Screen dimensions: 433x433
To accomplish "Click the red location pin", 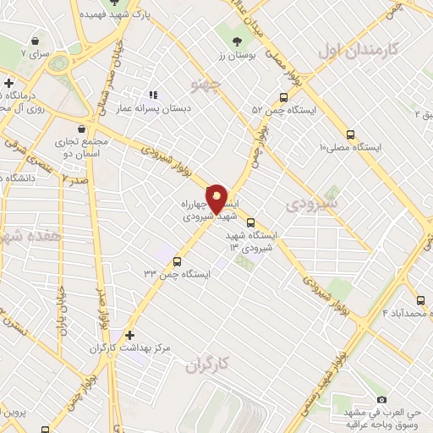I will [216, 199].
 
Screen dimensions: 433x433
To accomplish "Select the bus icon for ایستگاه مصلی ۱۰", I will [350, 134].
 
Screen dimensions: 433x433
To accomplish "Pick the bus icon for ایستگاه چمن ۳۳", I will [178, 260].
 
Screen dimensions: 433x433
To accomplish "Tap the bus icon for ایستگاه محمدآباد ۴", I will [420, 299].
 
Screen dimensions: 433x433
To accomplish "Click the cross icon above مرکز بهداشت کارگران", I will [129, 335].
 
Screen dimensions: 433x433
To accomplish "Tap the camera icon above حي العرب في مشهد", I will [381, 399].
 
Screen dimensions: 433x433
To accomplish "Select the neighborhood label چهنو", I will [208, 85].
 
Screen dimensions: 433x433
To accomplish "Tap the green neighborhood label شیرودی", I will [312, 204].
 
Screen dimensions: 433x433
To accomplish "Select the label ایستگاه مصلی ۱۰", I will [351, 147].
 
